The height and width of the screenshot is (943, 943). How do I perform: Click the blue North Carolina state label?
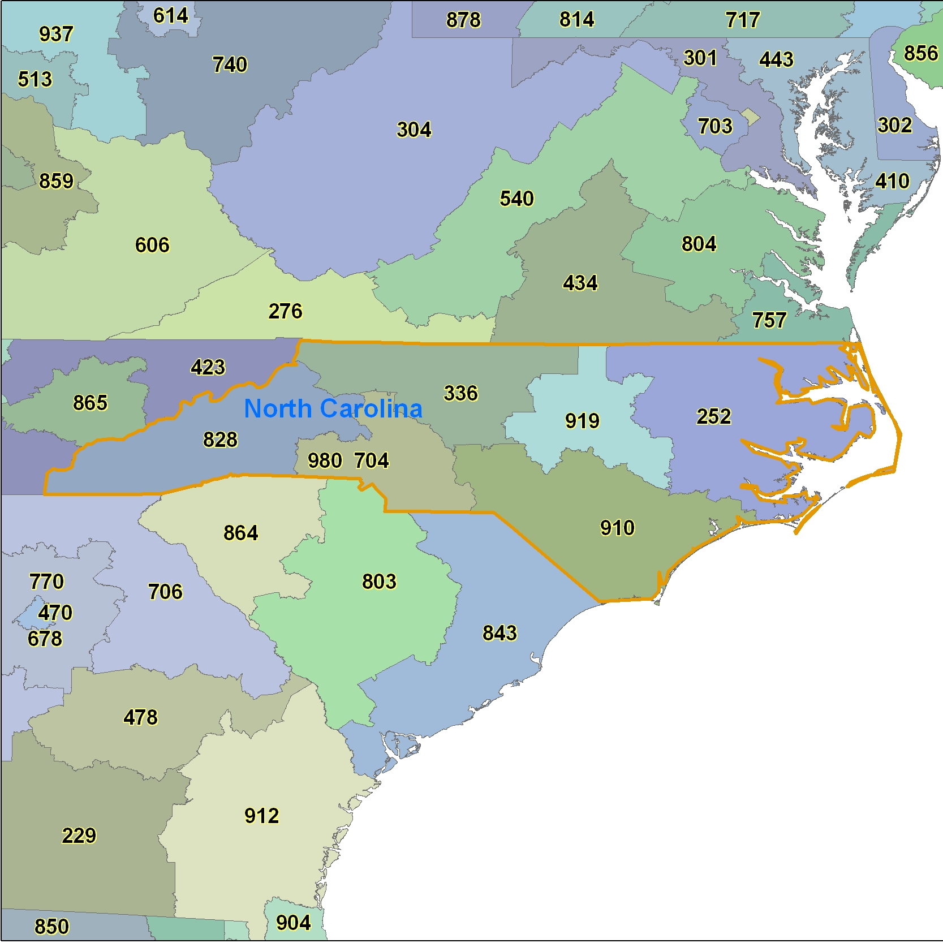point(333,408)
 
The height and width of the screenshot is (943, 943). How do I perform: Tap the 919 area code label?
point(582,421)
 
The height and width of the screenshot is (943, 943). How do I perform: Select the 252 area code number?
point(713,417)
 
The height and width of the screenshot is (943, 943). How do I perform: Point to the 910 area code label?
point(617,528)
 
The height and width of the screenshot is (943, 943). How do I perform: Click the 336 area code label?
point(460,393)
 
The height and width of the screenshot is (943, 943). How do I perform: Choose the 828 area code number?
point(220,440)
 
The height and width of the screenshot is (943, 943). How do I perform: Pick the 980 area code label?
point(325,461)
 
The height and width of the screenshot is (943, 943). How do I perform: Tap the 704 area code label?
point(372,461)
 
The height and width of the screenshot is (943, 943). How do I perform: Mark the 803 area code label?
point(379,582)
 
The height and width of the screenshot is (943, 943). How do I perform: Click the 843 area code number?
point(500,633)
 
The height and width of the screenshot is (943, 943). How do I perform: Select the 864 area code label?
point(240,533)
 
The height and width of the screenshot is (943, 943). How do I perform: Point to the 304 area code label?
point(414,130)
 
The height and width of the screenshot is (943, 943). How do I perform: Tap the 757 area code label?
point(769,321)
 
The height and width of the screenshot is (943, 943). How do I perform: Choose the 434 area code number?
point(580,283)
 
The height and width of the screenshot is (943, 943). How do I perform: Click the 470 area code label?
point(55,613)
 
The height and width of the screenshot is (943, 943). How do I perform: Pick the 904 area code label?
point(294,923)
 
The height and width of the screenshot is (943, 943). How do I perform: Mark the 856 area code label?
point(921,53)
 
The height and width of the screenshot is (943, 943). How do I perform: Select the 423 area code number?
point(208,368)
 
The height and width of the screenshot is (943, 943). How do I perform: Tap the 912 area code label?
point(262,816)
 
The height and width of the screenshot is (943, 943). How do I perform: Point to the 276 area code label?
point(285,311)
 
